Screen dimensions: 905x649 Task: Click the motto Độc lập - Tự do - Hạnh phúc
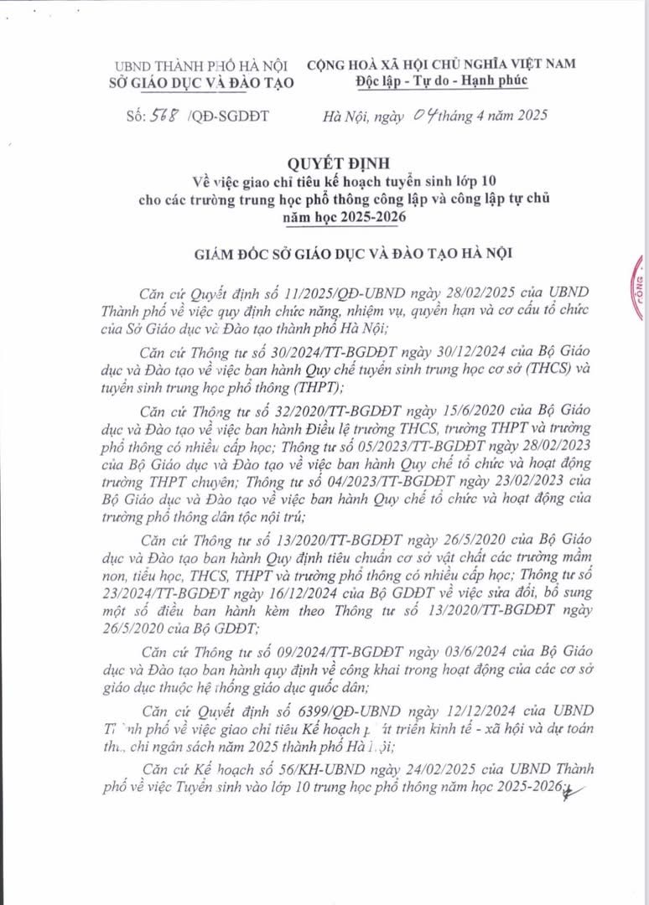pyautogui.click(x=440, y=80)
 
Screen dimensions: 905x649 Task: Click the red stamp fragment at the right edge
pyautogui.click(x=641, y=289)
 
